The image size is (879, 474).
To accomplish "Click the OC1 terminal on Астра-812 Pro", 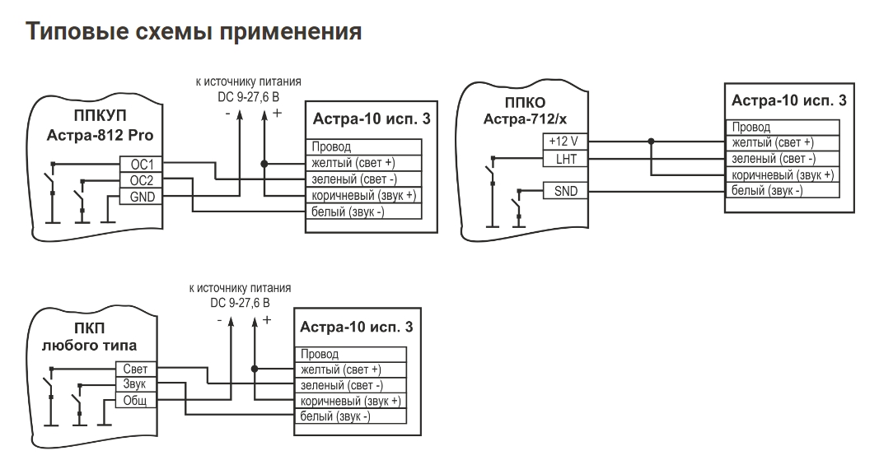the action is [x=141, y=164].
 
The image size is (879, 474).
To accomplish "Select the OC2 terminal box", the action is [x=141, y=180].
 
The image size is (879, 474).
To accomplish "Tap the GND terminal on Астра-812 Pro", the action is [x=141, y=197].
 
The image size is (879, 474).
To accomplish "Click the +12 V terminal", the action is [x=565, y=142].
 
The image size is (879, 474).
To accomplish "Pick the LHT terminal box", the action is [x=565, y=159].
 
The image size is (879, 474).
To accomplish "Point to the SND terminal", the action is [x=565, y=191].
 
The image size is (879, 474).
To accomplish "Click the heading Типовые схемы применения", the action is [x=194, y=31].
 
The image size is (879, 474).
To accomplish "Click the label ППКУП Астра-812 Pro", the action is [x=100, y=125].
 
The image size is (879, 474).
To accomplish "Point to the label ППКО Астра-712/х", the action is [x=526, y=111].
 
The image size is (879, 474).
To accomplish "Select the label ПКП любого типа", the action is [x=89, y=337].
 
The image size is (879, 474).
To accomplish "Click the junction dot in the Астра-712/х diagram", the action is [x=651, y=142].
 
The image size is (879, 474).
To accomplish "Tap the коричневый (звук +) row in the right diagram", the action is [x=783, y=174].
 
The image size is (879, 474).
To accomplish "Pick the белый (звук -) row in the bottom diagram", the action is [x=350, y=416].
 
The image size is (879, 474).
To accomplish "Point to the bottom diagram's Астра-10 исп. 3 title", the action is [x=357, y=328].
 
